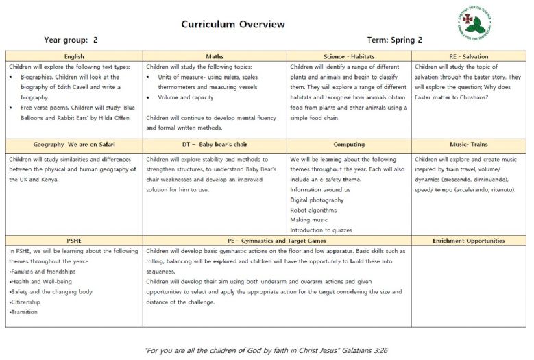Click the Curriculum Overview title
click(x=232, y=25)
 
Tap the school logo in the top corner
click(x=474, y=23)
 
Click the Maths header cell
click(x=215, y=56)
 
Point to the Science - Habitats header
click(x=349, y=56)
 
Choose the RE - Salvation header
click(x=470, y=56)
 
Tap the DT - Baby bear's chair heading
click(x=215, y=145)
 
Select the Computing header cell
click(x=349, y=145)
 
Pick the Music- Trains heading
click(x=470, y=145)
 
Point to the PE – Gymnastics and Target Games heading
click(x=277, y=241)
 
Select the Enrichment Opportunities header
click(x=470, y=241)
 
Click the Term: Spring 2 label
click(x=395, y=40)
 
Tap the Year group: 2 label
click(x=71, y=40)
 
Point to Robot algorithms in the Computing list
click(x=313, y=210)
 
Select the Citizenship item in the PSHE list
click(x=25, y=302)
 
